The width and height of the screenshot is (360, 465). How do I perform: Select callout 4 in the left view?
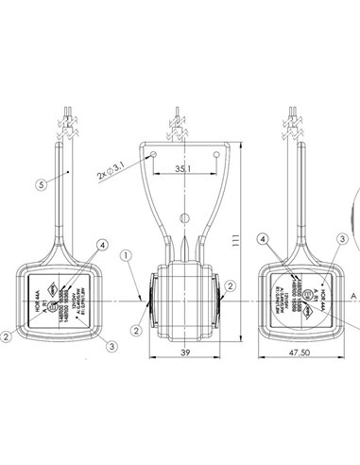coord(102,246)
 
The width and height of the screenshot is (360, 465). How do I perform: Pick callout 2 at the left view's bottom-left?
coord(7,335)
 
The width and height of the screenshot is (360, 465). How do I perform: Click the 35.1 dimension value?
coord(184,170)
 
